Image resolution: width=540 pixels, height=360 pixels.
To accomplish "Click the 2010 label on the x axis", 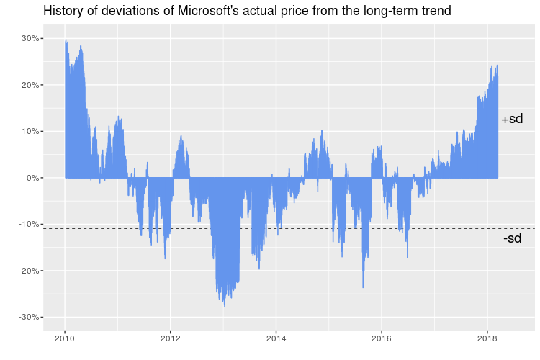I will click(65, 338).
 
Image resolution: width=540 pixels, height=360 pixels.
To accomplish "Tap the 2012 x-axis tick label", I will click(170, 338).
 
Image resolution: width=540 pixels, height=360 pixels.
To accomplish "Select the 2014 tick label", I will click(276, 338).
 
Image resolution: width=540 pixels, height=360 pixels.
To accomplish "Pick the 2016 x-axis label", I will click(382, 338).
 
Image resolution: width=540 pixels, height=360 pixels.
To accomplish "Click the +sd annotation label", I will click(512, 120).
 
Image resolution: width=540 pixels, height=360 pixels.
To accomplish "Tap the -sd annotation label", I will click(512, 238).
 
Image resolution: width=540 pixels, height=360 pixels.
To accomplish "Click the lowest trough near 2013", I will click(225, 306).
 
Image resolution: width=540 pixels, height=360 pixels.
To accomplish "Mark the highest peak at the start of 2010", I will click(66, 40).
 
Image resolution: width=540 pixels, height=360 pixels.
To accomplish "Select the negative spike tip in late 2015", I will click(363, 287).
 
